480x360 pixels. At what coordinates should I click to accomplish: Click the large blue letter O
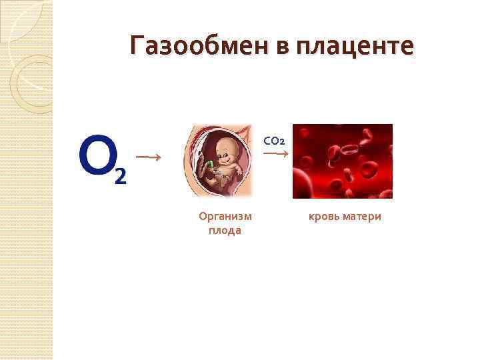(x=95, y=155)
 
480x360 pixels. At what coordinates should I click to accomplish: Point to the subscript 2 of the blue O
(x=119, y=176)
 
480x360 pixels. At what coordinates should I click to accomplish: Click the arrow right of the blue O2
(x=150, y=157)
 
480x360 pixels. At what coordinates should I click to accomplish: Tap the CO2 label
(x=274, y=141)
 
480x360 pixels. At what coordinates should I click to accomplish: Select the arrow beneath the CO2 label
(x=275, y=154)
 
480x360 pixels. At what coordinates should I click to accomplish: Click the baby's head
(x=225, y=151)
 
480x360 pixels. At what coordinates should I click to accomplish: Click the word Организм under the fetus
(x=225, y=216)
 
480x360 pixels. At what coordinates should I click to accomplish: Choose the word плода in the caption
(x=225, y=230)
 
